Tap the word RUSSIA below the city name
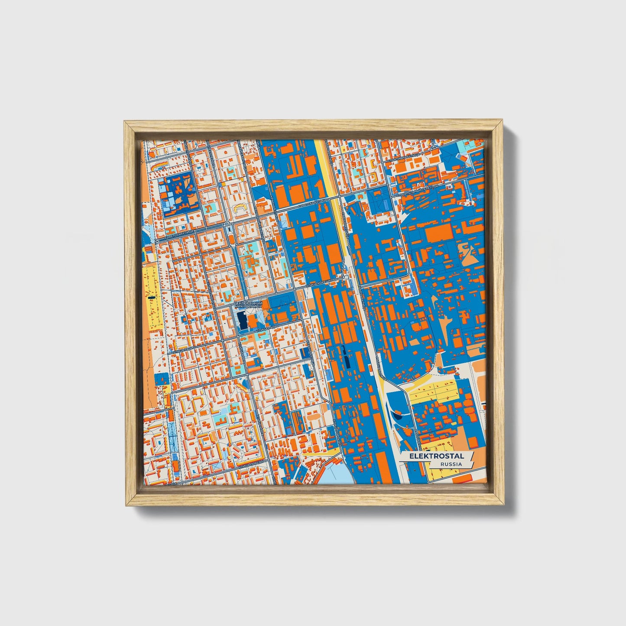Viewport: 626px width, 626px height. click(x=451, y=464)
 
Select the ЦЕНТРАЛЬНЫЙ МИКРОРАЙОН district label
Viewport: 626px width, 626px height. click(x=247, y=304)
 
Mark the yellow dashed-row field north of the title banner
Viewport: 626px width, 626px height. click(x=433, y=392)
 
